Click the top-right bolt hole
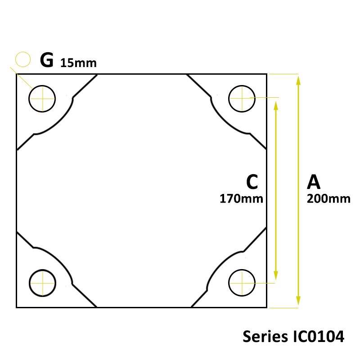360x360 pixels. (242, 98)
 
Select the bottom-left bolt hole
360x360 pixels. (42, 283)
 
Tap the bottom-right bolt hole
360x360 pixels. (242, 283)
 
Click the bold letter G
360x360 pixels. (46, 60)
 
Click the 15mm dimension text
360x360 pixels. (78, 63)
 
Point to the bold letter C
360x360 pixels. (252, 182)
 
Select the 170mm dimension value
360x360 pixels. (241, 198)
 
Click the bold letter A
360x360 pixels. (314, 182)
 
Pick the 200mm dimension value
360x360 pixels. (328, 198)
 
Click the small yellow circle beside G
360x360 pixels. (22, 59)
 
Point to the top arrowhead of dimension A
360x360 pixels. (298, 80)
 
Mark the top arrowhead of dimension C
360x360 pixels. (276, 104)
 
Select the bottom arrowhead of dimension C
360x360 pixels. (276, 275)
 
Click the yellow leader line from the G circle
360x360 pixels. (22, 77)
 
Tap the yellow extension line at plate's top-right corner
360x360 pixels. (283, 73)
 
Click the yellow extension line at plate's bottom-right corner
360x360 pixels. (283, 308)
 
